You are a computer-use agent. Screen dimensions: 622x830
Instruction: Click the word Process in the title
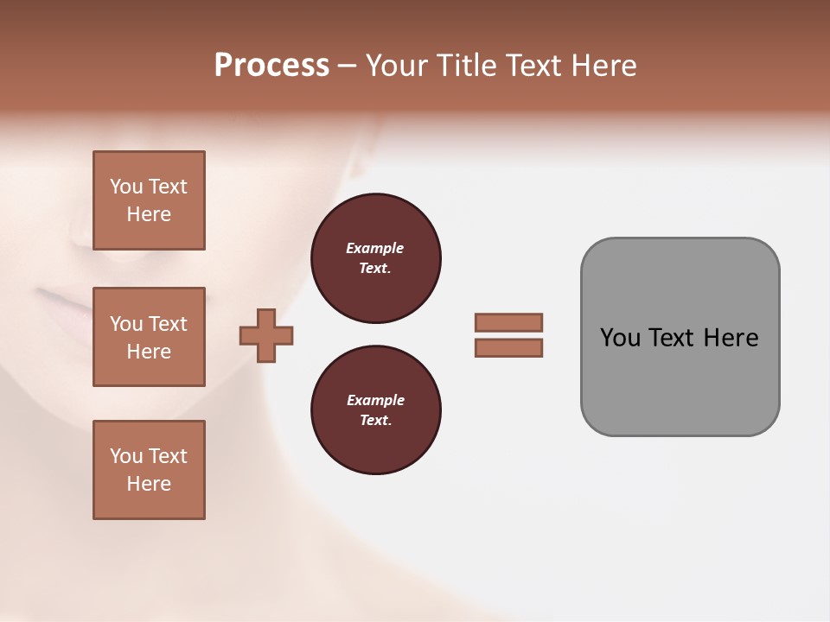[271, 65]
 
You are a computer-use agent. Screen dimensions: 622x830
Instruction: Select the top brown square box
[149, 200]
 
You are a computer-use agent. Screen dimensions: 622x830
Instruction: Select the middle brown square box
[149, 337]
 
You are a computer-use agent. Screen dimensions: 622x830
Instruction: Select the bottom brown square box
[149, 470]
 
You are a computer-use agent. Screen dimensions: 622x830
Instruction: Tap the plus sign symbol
[266, 335]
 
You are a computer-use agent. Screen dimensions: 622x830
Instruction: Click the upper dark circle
[375, 257]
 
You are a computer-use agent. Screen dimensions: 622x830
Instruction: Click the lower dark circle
[375, 409]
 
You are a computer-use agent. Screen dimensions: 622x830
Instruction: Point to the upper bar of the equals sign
[508, 322]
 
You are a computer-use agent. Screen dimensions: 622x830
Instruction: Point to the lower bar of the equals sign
[508, 347]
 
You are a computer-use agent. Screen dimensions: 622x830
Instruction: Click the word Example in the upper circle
[375, 248]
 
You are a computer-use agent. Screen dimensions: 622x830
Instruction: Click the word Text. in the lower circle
[375, 420]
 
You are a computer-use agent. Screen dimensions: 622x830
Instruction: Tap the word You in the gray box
[621, 338]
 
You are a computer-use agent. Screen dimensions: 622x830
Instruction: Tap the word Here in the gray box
[731, 338]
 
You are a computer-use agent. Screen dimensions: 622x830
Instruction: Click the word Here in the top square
[149, 214]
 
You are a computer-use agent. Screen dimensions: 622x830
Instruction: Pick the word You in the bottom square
[126, 456]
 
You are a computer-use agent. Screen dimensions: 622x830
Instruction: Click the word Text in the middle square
[168, 324]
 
